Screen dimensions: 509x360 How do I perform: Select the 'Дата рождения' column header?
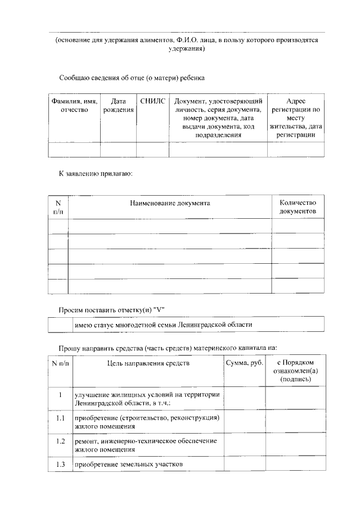coord(118,106)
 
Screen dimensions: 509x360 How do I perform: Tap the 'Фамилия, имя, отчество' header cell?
coord(74,106)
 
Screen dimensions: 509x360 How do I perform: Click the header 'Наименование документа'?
coord(170,203)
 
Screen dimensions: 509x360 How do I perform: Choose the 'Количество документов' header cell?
coord(298,207)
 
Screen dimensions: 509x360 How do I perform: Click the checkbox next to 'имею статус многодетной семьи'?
coord(60,325)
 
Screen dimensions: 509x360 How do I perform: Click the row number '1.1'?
coord(61,418)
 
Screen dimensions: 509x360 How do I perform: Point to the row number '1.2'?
coord(61,441)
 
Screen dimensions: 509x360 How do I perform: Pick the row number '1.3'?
coord(61,464)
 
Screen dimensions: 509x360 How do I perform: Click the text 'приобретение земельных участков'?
coord(129,465)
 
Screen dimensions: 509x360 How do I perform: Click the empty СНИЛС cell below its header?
coord(153,149)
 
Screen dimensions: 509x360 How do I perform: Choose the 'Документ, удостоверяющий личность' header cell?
coord(218,118)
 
